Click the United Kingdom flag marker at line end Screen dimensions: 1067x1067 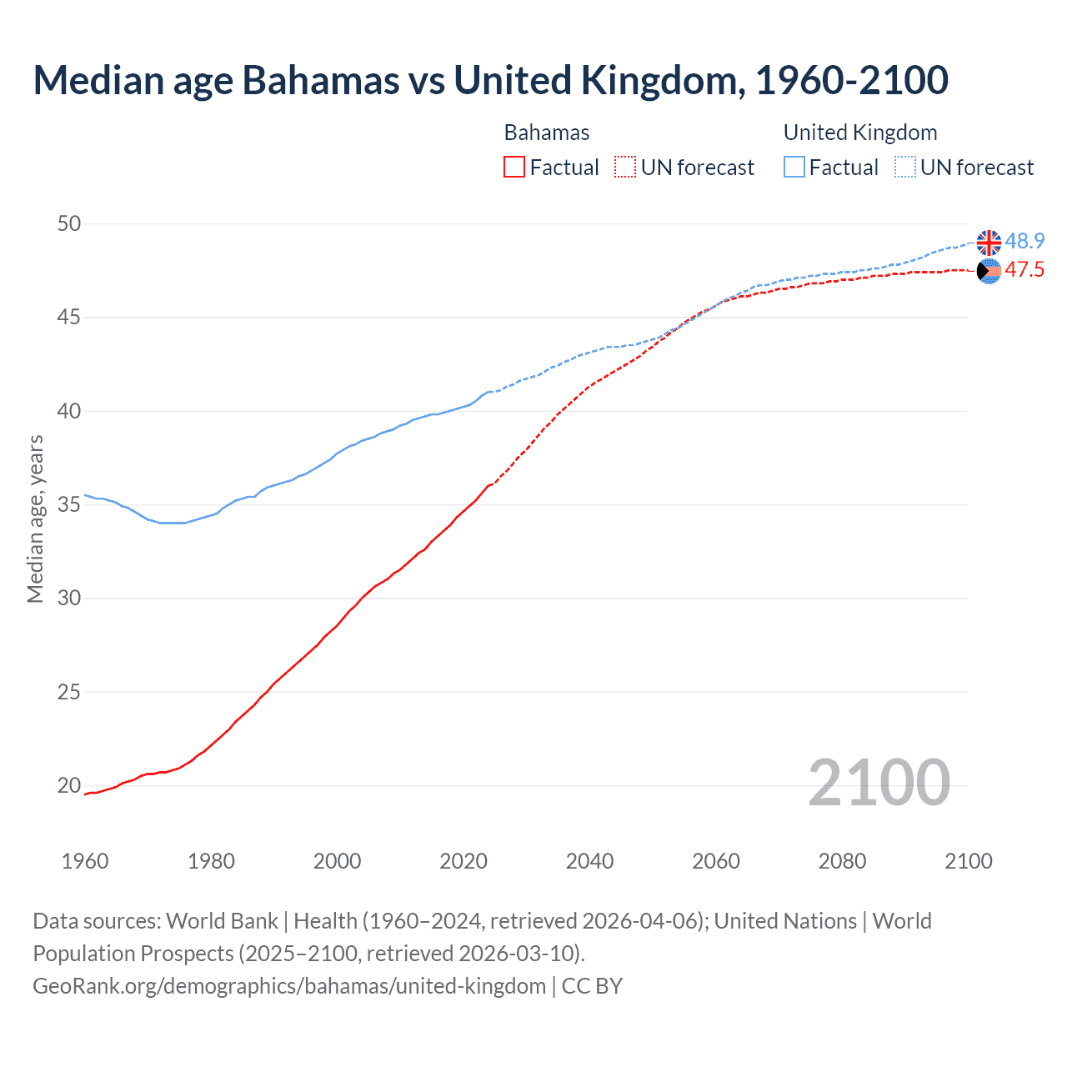[x=989, y=243]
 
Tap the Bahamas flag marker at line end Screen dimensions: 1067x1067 [x=989, y=271]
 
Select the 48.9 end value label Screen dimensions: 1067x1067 [x=1024, y=241]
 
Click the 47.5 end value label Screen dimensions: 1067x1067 [x=1024, y=269]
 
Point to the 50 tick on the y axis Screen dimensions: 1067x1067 [x=69, y=223]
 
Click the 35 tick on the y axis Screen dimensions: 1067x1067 [x=69, y=504]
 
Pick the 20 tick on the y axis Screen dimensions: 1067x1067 [x=69, y=785]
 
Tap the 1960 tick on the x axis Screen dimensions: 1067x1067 [x=85, y=861]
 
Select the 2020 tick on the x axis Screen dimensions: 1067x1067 [x=463, y=861]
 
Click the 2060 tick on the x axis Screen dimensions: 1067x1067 [x=716, y=861]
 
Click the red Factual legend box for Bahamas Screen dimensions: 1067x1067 [x=514, y=168]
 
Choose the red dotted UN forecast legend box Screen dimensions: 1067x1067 [x=625, y=168]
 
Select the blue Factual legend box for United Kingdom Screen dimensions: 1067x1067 [x=794, y=168]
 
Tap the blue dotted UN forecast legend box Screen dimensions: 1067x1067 [x=904, y=168]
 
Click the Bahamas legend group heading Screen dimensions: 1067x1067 [x=547, y=133]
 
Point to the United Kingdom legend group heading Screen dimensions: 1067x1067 [x=860, y=133]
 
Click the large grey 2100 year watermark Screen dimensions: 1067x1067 [x=879, y=782]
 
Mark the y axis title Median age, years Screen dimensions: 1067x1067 [x=35, y=518]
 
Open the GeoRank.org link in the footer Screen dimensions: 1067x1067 [x=289, y=985]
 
